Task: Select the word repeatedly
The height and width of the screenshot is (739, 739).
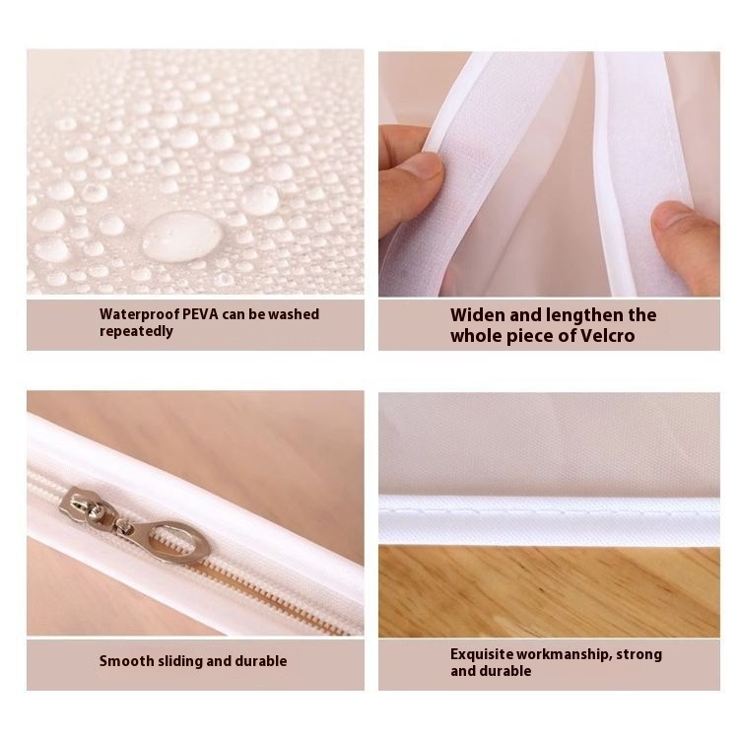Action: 136,331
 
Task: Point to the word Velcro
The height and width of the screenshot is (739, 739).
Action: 608,336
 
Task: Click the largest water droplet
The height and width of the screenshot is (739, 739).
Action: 182,236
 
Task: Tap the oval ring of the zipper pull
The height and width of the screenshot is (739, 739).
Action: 179,541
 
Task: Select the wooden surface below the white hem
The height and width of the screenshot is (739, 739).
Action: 549,591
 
